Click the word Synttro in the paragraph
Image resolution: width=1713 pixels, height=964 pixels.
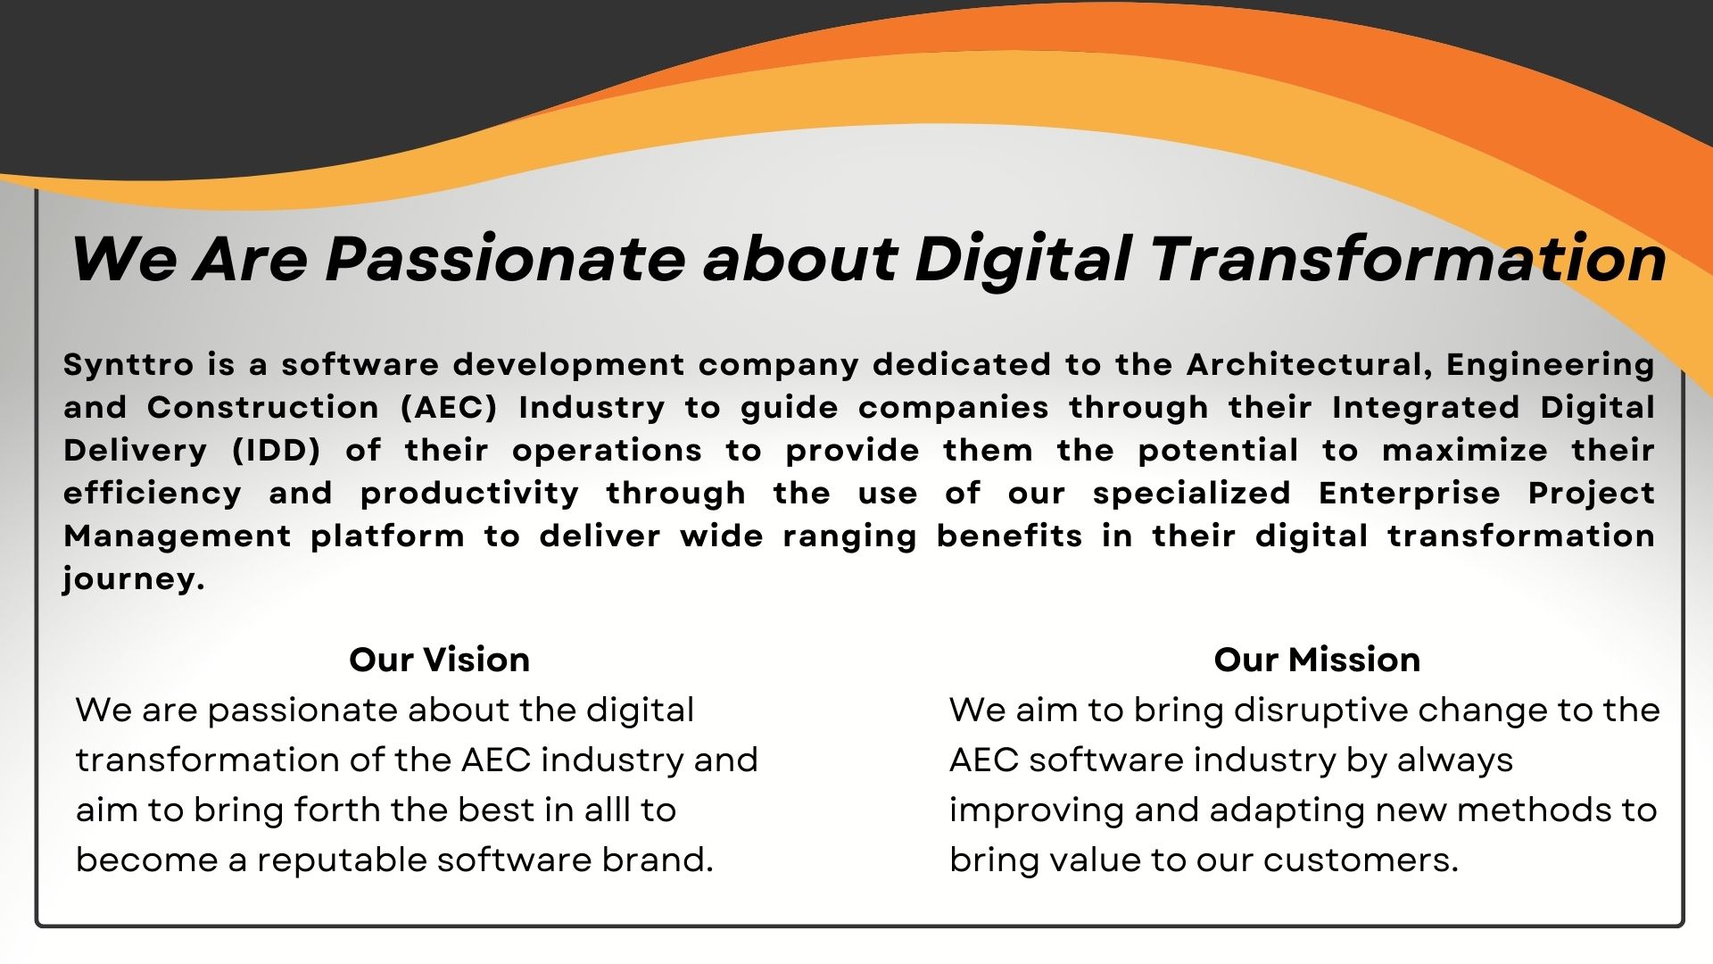click(x=128, y=365)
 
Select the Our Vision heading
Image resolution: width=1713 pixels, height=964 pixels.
click(x=440, y=660)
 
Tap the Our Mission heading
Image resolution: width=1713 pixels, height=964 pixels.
click(x=1317, y=660)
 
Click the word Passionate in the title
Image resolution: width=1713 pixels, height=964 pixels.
click(x=505, y=259)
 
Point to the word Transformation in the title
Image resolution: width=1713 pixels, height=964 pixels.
click(x=1408, y=259)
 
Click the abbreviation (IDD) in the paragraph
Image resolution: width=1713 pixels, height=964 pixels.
click(x=277, y=450)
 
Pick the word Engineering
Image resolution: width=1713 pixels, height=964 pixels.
click(x=1551, y=365)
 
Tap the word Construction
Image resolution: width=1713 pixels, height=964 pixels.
click(x=263, y=407)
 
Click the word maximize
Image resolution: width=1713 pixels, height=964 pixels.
click(x=1465, y=450)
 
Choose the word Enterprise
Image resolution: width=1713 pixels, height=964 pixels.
click(x=1410, y=494)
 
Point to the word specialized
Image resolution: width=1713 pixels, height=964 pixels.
click(x=1192, y=494)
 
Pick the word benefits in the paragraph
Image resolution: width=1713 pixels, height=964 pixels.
click(x=1010, y=536)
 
